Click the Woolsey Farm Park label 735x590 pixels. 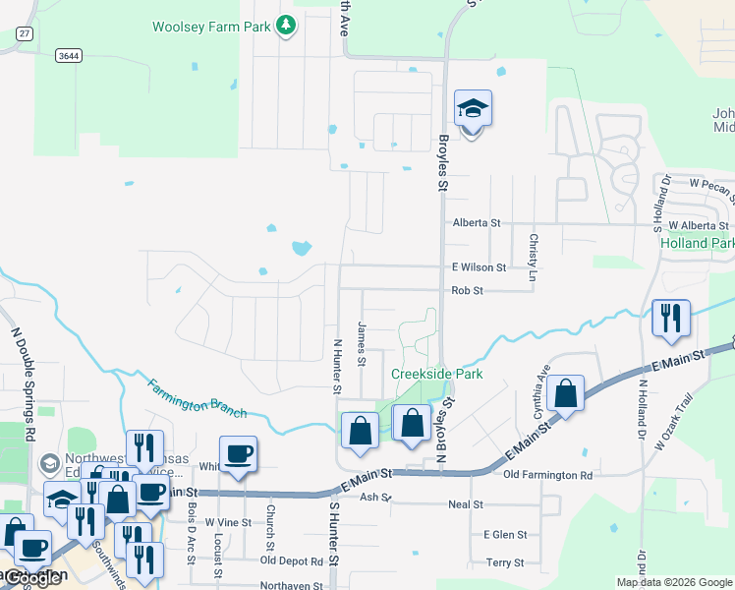tap(210, 27)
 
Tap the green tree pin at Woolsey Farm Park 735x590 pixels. tap(285, 25)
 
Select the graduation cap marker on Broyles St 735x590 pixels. tap(473, 111)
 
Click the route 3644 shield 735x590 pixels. tap(68, 56)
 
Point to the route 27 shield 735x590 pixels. tap(24, 33)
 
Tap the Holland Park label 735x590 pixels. tap(697, 243)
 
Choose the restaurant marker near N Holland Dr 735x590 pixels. tap(670, 319)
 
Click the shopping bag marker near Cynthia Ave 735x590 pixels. tap(567, 395)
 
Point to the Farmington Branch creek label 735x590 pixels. tap(198, 397)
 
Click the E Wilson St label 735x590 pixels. tap(479, 267)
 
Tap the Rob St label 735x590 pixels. tap(467, 291)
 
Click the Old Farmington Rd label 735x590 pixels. tap(547, 476)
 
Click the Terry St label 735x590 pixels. tap(504, 562)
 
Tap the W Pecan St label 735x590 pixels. tap(711, 184)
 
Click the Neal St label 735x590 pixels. tap(465, 504)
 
